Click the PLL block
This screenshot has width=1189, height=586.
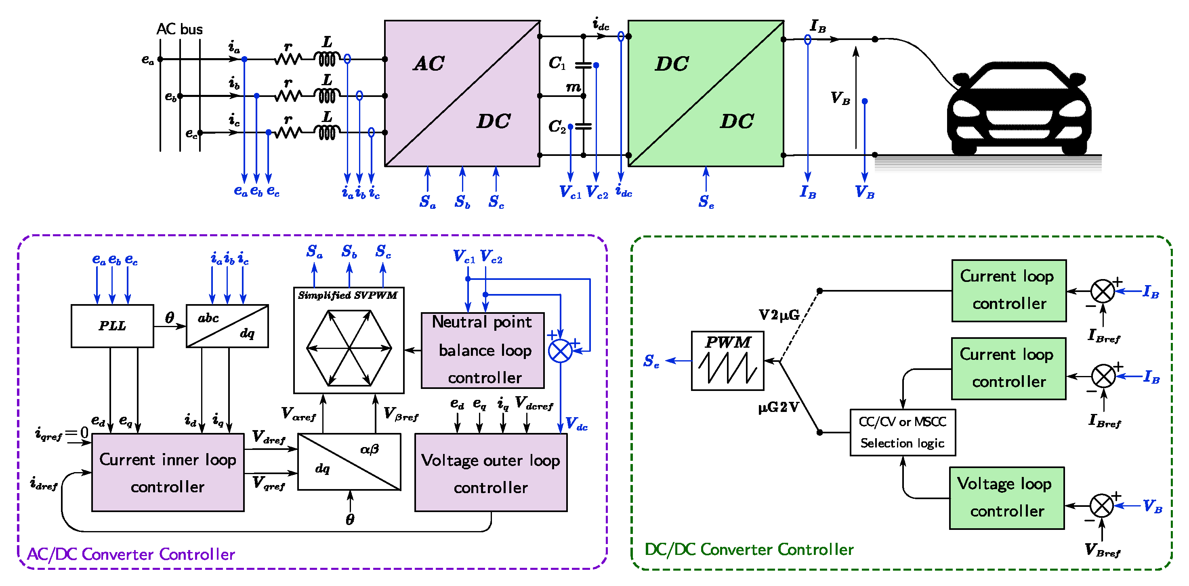(112, 326)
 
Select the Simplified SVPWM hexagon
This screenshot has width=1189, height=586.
(349, 348)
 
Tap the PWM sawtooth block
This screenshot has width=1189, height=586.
(727, 361)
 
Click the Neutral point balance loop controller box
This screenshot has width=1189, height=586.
(483, 350)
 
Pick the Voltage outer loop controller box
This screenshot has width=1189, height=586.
(491, 473)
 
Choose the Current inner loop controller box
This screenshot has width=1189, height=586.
(168, 473)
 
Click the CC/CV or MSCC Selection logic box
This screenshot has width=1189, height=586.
(902, 433)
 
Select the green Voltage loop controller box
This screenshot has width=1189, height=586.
(1007, 498)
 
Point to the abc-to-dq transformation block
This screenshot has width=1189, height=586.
(227, 326)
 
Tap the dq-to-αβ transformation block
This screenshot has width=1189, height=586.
(349, 462)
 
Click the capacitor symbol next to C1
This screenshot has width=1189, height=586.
(584, 65)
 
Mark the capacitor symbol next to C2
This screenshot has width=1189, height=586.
(584, 126)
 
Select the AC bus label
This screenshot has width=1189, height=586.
(180, 29)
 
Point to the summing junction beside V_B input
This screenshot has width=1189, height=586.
(1102, 506)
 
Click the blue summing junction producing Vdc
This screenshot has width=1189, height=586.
(560, 351)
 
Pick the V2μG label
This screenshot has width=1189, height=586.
(779, 315)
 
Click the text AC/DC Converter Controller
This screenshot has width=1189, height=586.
(131, 554)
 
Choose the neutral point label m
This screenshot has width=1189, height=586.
(573, 87)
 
